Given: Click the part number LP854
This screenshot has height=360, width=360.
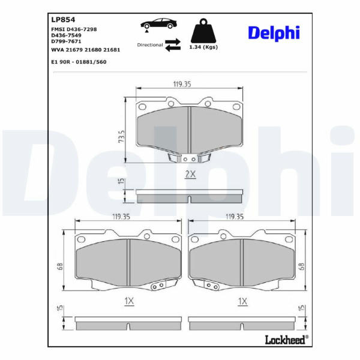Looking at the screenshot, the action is coord(63,20).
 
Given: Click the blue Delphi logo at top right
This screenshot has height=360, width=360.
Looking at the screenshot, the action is coord(274,33).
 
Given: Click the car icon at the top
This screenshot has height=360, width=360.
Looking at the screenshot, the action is coord(159,24).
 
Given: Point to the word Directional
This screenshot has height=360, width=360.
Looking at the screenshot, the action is coord(149,45).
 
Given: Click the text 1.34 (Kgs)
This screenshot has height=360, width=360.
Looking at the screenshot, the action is coord(203,47).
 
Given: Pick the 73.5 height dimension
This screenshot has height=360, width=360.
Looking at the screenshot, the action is coord(121,137).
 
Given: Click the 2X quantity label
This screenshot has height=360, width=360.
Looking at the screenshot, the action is coord(190,175).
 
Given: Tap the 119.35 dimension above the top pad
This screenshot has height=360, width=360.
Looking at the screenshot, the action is coord(182,84).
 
